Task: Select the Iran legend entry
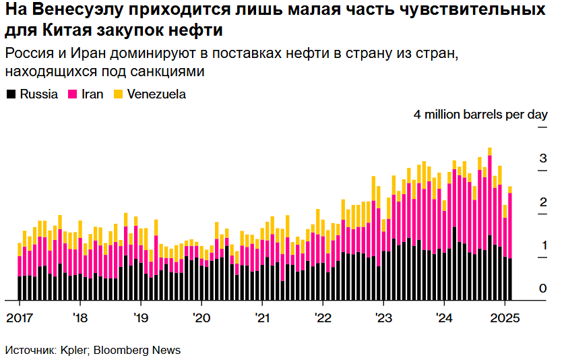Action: (x=92, y=94)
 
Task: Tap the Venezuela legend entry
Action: (x=156, y=94)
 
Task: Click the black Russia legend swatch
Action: (x=11, y=94)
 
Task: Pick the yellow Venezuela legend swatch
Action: (x=118, y=94)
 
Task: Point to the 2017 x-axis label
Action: (x=19, y=318)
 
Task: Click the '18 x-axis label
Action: (x=80, y=318)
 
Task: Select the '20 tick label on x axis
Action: (x=201, y=318)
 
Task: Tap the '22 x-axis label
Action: (x=323, y=318)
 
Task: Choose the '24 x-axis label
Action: (x=444, y=318)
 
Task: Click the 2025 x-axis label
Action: (x=505, y=318)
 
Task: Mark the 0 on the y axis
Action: (x=542, y=289)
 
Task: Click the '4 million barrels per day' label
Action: (x=480, y=115)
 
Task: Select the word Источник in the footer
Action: (x=30, y=351)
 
